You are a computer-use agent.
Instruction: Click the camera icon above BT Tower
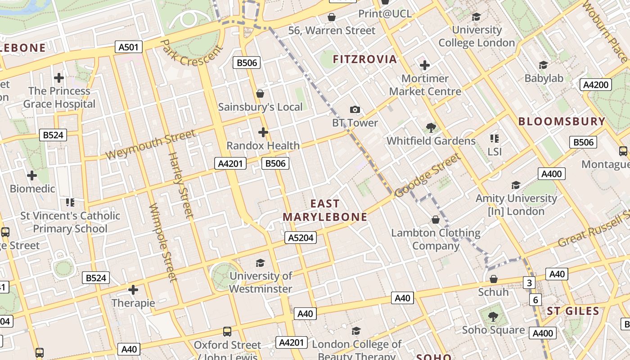(355, 109)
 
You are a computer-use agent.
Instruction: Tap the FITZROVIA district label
(364, 59)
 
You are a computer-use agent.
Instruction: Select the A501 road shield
(129, 47)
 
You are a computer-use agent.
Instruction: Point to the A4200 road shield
(595, 85)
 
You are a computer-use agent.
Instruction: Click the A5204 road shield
(300, 238)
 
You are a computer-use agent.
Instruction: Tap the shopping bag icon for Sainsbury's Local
(260, 94)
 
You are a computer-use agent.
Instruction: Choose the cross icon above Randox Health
(263, 132)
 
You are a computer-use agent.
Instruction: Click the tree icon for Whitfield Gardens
(431, 127)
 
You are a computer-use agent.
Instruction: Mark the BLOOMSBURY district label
(562, 121)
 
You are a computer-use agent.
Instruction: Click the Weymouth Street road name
(151, 144)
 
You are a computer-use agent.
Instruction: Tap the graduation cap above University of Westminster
(260, 263)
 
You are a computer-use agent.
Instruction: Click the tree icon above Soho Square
(493, 316)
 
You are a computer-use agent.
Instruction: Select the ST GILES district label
(573, 311)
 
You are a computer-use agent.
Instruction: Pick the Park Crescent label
(192, 53)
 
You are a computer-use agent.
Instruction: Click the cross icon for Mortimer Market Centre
(424, 65)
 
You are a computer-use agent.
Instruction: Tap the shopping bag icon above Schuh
(494, 279)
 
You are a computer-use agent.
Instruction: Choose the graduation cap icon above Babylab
(543, 65)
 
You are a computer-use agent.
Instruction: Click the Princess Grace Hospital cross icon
(59, 78)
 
